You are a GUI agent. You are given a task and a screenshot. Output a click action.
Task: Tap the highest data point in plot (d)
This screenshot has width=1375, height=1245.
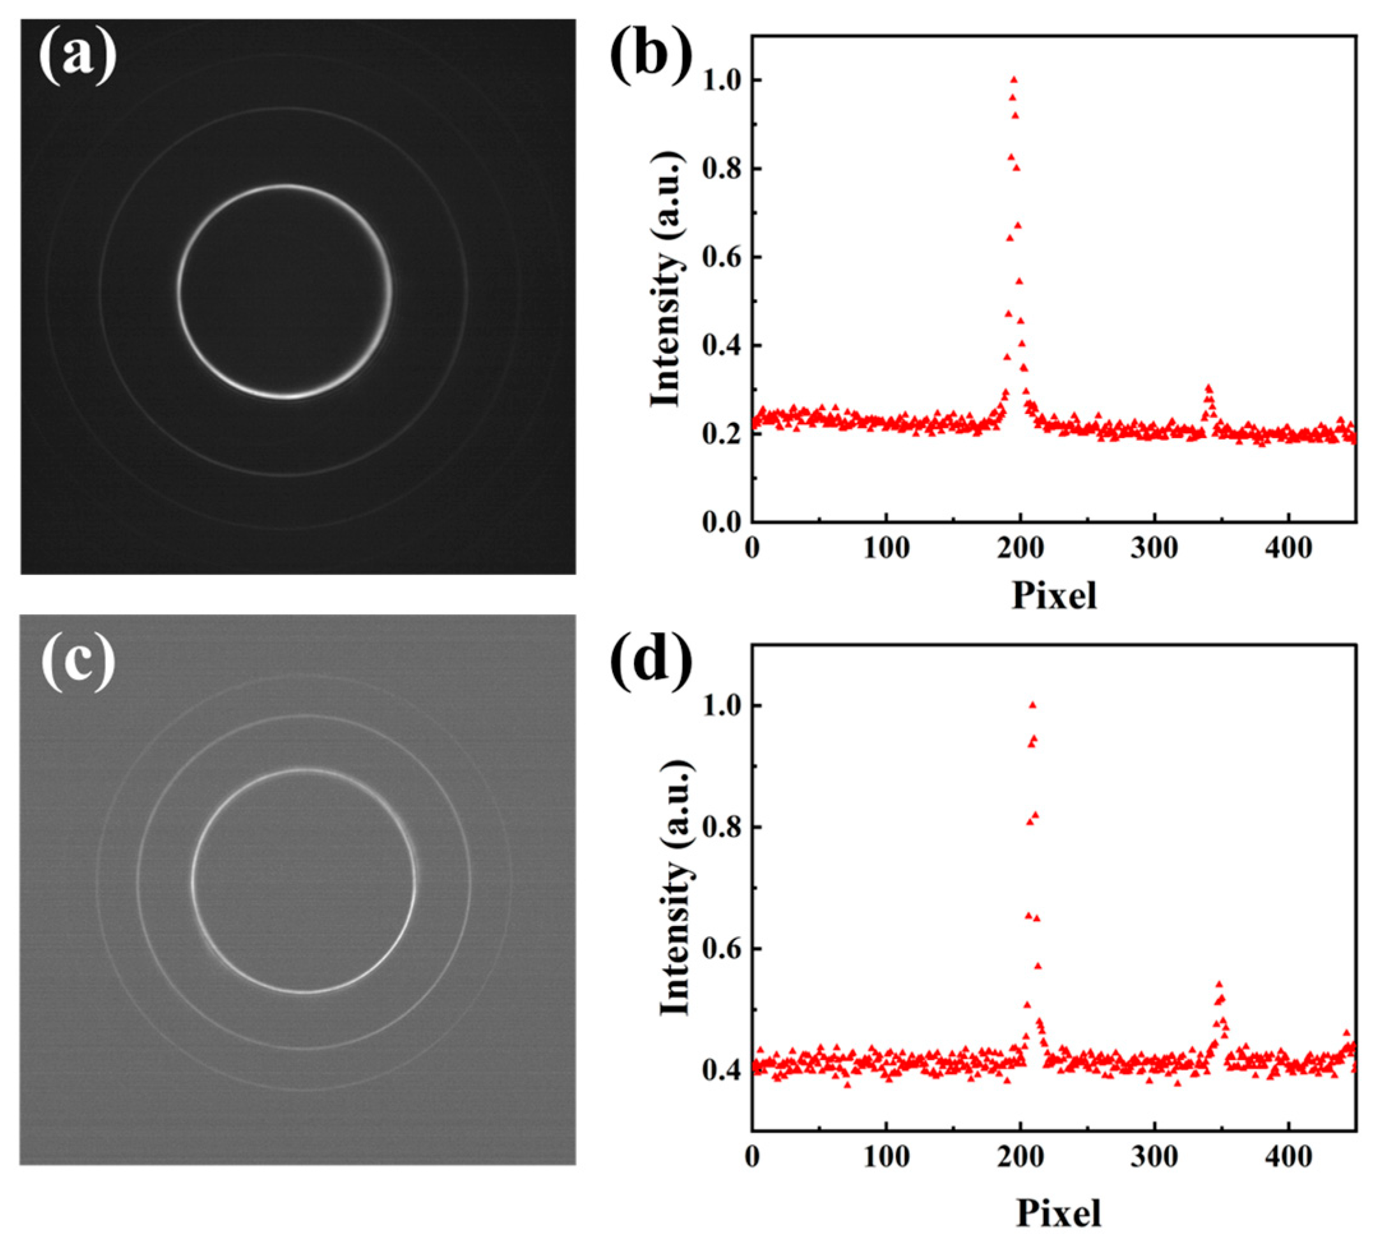(1032, 705)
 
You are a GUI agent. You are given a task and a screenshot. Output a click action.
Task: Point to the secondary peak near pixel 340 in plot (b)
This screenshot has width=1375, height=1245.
(1208, 388)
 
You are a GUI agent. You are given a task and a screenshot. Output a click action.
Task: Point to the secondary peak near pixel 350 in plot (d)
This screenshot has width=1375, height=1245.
(1219, 985)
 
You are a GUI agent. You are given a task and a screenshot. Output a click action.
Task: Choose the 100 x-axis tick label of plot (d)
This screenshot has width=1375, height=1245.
(886, 1157)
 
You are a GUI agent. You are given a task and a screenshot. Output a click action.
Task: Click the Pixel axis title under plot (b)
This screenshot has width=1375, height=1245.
(1054, 594)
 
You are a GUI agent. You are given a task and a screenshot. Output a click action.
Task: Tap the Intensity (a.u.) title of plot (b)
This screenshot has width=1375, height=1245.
(666, 279)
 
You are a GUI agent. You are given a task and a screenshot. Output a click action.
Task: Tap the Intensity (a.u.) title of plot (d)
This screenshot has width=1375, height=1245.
(675, 887)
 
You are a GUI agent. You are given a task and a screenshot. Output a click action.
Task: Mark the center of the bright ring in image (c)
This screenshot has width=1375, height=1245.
(304, 881)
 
